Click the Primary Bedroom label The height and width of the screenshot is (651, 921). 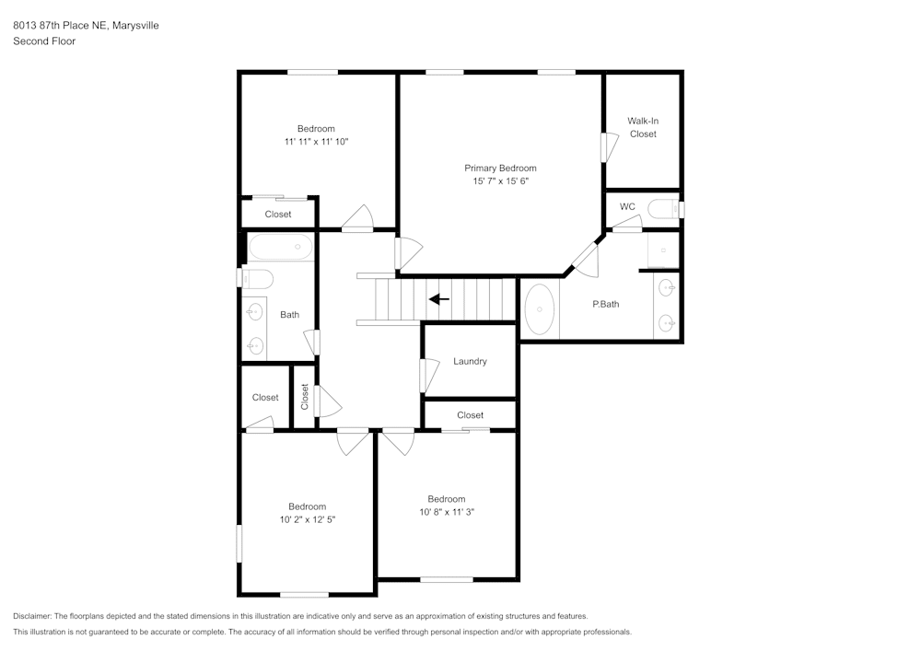499,169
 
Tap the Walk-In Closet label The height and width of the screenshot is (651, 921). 643,127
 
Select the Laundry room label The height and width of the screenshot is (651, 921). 470,362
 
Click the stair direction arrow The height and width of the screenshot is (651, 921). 439,299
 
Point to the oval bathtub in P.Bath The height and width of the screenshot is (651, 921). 539,309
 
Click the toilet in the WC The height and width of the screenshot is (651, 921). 665,210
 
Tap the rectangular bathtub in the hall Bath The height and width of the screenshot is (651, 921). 281,247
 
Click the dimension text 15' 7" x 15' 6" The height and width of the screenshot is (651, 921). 500,181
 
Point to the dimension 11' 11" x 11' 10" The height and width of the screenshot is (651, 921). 316,142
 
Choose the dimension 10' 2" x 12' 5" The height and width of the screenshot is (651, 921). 307,519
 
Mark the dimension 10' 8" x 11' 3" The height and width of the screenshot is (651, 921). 446,512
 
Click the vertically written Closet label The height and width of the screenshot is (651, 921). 305,397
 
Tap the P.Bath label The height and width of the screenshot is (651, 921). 604,304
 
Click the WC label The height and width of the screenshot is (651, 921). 627,206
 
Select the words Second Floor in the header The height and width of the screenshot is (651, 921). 44,41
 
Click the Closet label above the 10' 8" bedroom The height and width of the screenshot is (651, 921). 470,415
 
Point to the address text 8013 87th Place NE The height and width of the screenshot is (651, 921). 60,26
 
